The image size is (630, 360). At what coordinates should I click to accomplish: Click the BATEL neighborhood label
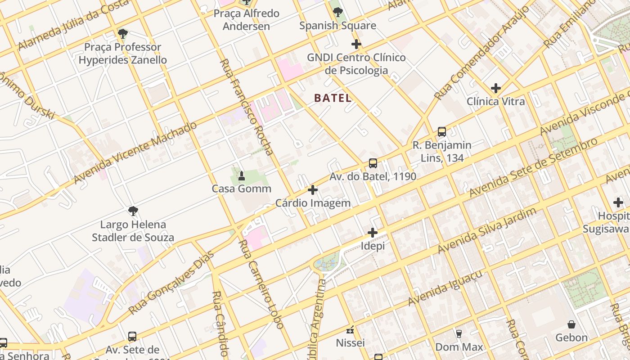(333, 98)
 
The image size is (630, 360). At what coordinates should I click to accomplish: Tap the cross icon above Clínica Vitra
(496, 88)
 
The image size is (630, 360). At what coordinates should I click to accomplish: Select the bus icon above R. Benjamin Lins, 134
(442, 132)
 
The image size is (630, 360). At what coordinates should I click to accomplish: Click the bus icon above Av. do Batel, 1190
(373, 163)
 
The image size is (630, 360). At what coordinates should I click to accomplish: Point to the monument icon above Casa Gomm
(241, 175)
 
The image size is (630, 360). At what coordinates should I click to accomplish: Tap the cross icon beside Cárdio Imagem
(312, 190)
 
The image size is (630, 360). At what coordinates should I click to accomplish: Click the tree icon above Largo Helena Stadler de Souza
(133, 211)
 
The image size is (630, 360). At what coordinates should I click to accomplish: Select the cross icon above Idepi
(372, 233)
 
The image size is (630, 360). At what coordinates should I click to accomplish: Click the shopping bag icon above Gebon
(571, 324)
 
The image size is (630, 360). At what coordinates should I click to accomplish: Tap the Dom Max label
(459, 347)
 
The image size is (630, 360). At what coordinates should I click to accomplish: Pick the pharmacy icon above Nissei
(350, 330)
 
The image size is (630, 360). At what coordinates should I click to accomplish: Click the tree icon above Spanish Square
(337, 12)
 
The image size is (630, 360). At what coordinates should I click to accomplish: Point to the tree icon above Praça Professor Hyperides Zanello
(122, 34)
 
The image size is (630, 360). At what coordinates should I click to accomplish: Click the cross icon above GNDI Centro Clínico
(356, 44)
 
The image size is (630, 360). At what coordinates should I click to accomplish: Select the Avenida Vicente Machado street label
(135, 153)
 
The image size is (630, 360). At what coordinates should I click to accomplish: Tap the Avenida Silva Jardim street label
(487, 230)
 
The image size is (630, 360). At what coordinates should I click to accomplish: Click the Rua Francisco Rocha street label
(247, 107)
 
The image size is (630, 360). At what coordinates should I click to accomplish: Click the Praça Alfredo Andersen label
(246, 20)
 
